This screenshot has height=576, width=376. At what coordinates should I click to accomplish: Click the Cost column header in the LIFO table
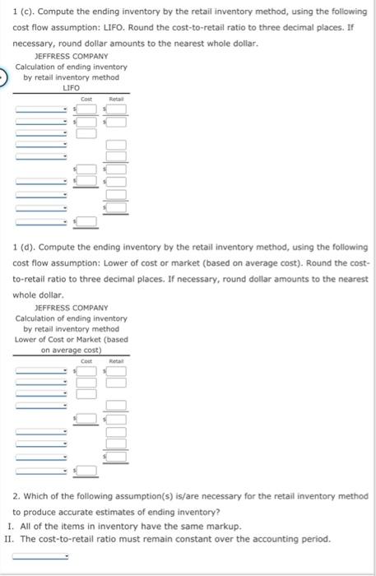click(x=86, y=98)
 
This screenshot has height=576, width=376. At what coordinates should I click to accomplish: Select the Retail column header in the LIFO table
click(x=115, y=98)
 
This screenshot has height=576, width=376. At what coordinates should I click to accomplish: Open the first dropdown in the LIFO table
click(x=40, y=109)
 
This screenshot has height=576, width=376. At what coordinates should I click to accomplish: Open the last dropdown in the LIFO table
click(x=40, y=221)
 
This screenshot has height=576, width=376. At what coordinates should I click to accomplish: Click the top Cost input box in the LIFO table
click(x=86, y=109)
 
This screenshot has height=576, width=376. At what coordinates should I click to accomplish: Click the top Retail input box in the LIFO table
click(x=116, y=109)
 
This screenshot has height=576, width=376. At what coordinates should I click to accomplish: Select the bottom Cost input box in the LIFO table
click(x=86, y=221)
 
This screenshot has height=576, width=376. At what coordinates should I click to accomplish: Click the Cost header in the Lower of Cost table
click(x=86, y=360)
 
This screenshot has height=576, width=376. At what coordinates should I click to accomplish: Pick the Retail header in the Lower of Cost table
click(x=115, y=360)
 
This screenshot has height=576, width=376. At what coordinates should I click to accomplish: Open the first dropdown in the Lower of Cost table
click(x=40, y=370)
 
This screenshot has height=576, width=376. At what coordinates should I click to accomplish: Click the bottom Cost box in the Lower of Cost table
click(x=86, y=471)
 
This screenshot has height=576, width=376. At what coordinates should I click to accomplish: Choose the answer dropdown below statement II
click(x=40, y=555)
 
